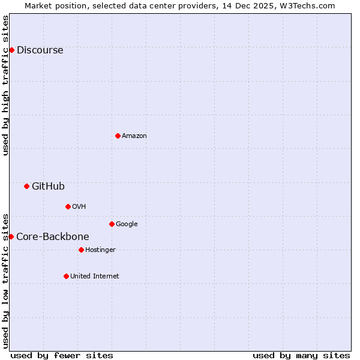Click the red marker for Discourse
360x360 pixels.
11,50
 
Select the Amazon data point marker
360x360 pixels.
118,136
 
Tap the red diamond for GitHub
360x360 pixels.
26,186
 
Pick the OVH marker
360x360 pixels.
68,206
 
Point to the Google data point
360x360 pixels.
112,224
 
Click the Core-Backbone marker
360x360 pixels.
11,236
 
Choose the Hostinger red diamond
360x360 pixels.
81,250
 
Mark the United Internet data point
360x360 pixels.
66,276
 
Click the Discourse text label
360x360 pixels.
40,50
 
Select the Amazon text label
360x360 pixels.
134,136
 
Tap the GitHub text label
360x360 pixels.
48,187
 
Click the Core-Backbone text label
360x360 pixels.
53,237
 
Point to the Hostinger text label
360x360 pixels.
100,250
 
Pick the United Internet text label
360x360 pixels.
95,277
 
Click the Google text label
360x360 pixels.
127,224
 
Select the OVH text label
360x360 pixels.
79,207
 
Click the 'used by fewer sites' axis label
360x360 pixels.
62,355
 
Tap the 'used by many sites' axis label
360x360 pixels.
301,355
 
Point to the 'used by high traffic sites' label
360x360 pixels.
5,85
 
